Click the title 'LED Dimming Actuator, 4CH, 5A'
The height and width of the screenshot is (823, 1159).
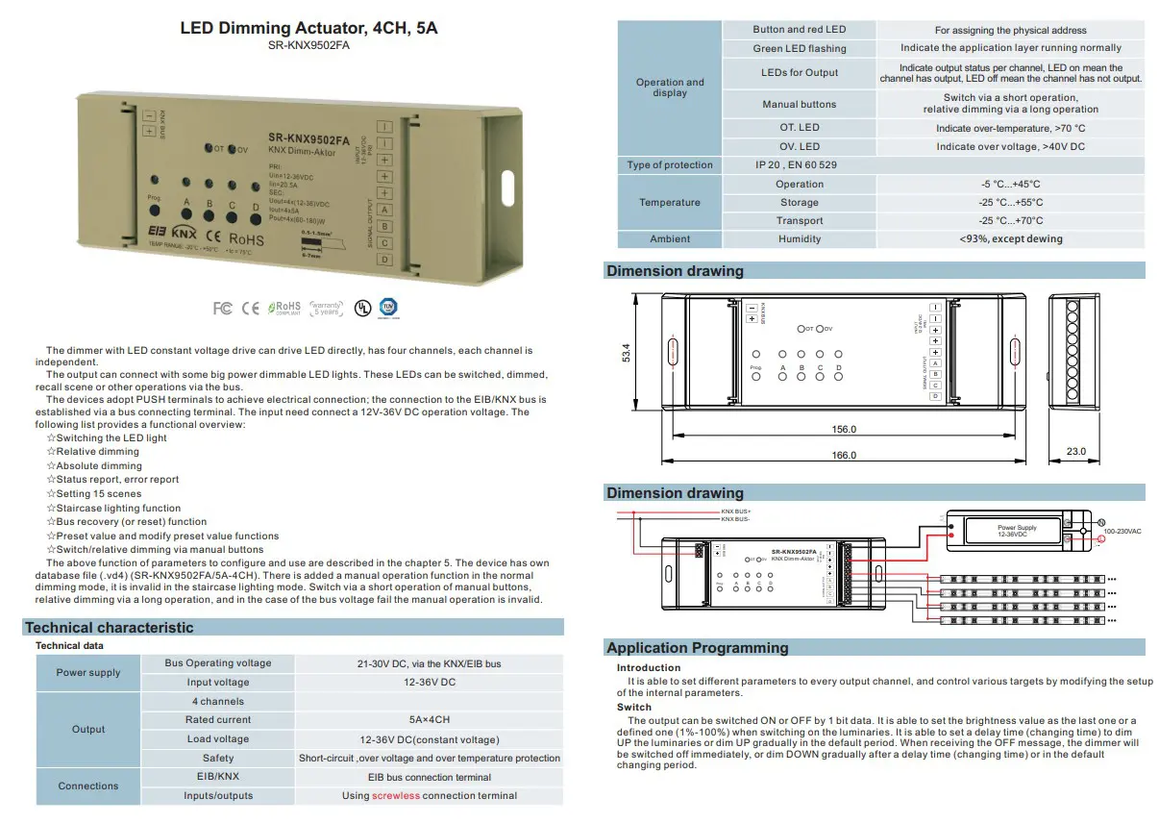[x=308, y=28]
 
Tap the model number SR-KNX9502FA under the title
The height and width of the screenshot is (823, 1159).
[x=308, y=45]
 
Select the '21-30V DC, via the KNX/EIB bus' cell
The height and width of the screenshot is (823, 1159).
[x=429, y=663]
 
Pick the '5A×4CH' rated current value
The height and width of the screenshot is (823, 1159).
[x=429, y=720]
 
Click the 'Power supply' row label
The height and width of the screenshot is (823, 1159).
[x=88, y=673]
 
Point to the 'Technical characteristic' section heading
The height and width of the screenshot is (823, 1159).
[x=110, y=628]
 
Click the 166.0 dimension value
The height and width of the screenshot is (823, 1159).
[x=843, y=456]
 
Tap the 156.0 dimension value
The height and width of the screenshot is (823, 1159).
[x=843, y=430]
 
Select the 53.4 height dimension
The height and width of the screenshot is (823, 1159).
[x=627, y=352]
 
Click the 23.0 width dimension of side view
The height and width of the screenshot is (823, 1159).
[x=1075, y=451]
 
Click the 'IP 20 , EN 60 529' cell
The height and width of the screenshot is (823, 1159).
[x=796, y=165]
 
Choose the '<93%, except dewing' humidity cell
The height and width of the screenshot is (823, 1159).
[x=1010, y=239]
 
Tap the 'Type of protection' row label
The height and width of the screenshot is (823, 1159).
[x=670, y=165]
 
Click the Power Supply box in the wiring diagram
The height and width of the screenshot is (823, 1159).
[x=1017, y=530]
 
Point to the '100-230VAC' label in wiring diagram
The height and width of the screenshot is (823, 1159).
[x=1122, y=532]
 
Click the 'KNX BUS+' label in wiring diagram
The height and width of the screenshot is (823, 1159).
[x=736, y=511]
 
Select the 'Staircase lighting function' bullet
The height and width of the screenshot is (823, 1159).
[x=118, y=509]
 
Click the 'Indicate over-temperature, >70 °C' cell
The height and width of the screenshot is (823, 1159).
[x=1010, y=128]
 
